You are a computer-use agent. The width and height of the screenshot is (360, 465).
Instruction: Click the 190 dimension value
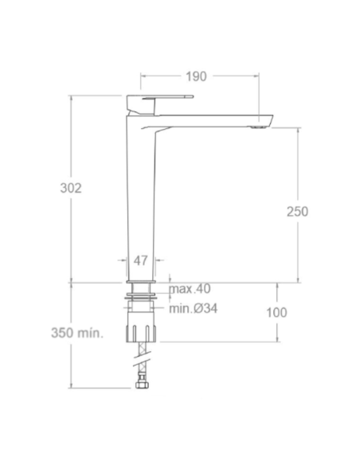pos(196,76)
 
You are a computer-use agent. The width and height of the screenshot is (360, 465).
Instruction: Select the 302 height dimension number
pos(71,188)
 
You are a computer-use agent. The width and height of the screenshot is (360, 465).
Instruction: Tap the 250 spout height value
pos(297,212)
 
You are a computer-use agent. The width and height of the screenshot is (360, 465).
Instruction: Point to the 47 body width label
pos(140,260)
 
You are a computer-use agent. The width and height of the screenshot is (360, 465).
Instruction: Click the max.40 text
pos(190,288)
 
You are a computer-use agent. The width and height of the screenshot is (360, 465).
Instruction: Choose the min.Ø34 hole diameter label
pos(194,309)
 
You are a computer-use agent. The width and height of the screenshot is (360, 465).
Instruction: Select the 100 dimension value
pos(276,313)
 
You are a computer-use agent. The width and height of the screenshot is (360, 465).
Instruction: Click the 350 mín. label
pos(77,333)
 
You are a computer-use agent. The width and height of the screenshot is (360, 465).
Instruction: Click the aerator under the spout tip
pos(257,128)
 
